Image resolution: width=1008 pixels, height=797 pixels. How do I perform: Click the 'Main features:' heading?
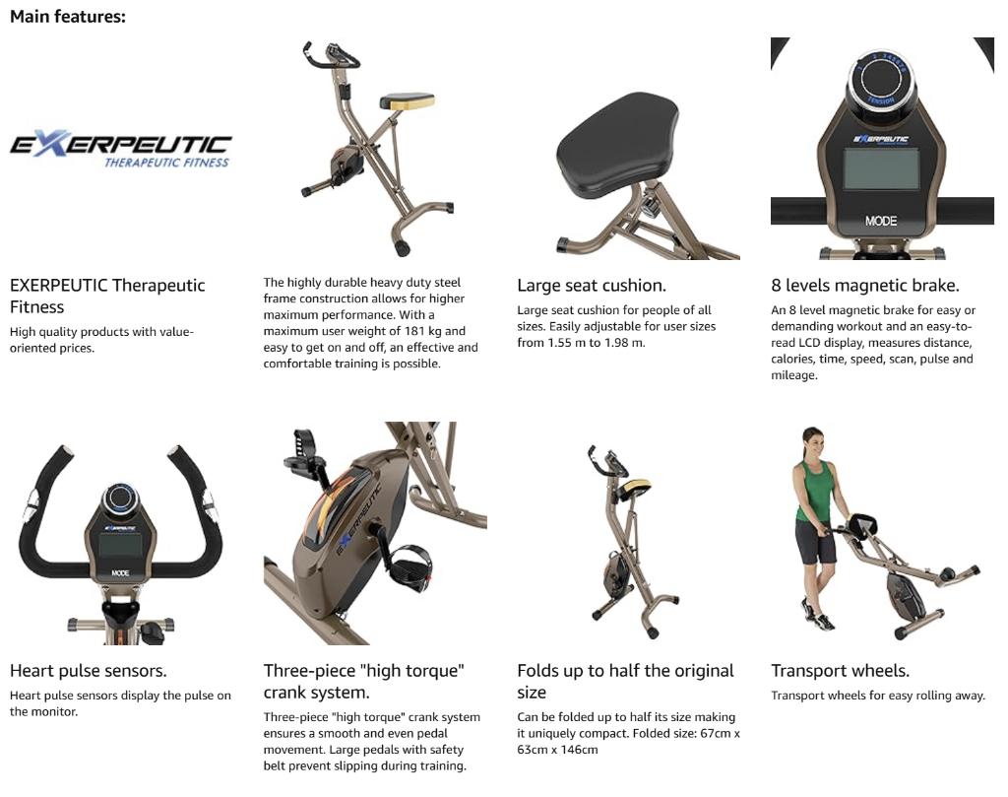pos(68,17)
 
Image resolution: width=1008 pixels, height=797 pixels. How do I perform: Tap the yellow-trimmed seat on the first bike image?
pos(407,100)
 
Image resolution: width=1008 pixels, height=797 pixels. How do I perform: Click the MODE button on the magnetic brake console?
pos(881,221)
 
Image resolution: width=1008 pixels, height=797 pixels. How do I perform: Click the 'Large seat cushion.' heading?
pos(592,286)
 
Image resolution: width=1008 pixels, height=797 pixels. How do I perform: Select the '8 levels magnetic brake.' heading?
pos(864,286)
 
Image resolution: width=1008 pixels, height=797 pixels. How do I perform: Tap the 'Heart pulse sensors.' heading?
pos(89,671)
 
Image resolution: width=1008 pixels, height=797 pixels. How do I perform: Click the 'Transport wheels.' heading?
pos(840,671)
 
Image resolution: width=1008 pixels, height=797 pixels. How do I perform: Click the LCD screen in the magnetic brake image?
pos(881,169)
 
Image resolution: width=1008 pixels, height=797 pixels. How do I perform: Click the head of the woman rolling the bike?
pos(812,439)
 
